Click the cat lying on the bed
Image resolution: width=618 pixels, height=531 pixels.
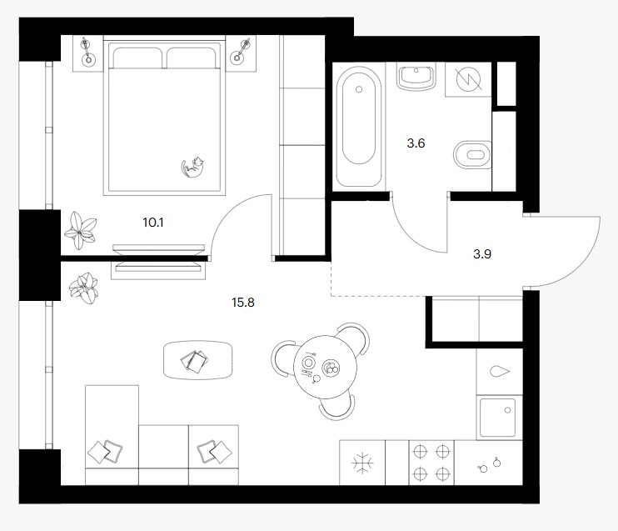pyautogui.click(x=192, y=168)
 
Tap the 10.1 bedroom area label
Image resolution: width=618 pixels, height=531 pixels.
pyautogui.click(x=153, y=223)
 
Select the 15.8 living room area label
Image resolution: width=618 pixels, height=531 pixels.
pyautogui.click(x=243, y=303)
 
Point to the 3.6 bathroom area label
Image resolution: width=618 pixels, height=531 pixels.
pyautogui.click(x=416, y=143)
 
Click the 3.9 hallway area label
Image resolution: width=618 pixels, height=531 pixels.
pyautogui.click(x=482, y=254)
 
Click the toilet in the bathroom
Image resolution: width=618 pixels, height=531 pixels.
pyautogui.click(x=472, y=155)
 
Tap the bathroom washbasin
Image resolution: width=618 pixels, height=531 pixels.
pyautogui.click(x=416, y=77)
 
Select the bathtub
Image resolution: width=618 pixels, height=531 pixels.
pyautogui.click(x=359, y=127)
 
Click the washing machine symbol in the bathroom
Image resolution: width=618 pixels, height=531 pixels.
pyautogui.click(x=469, y=79)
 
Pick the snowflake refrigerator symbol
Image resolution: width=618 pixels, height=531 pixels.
pyautogui.click(x=362, y=463)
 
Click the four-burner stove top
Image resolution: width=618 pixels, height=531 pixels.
pyautogui.click(x=431, y=462)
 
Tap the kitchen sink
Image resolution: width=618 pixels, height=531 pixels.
pyautogui.click(x=497, y=418)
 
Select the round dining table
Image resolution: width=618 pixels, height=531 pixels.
pyautogui.click(x=325, y=368)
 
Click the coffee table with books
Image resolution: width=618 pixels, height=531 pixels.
pyautogui.click(x=198, y=360)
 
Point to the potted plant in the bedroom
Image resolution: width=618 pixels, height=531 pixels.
pyautogui.click(x=81, y=230)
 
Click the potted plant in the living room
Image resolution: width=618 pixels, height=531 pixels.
pyautogui.click(x=83, y=288)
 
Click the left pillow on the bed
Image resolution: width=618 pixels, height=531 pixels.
pyautogui.click(x=137, y=58)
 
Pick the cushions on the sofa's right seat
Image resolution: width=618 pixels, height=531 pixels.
pyautogui.click(x=214, y=452)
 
